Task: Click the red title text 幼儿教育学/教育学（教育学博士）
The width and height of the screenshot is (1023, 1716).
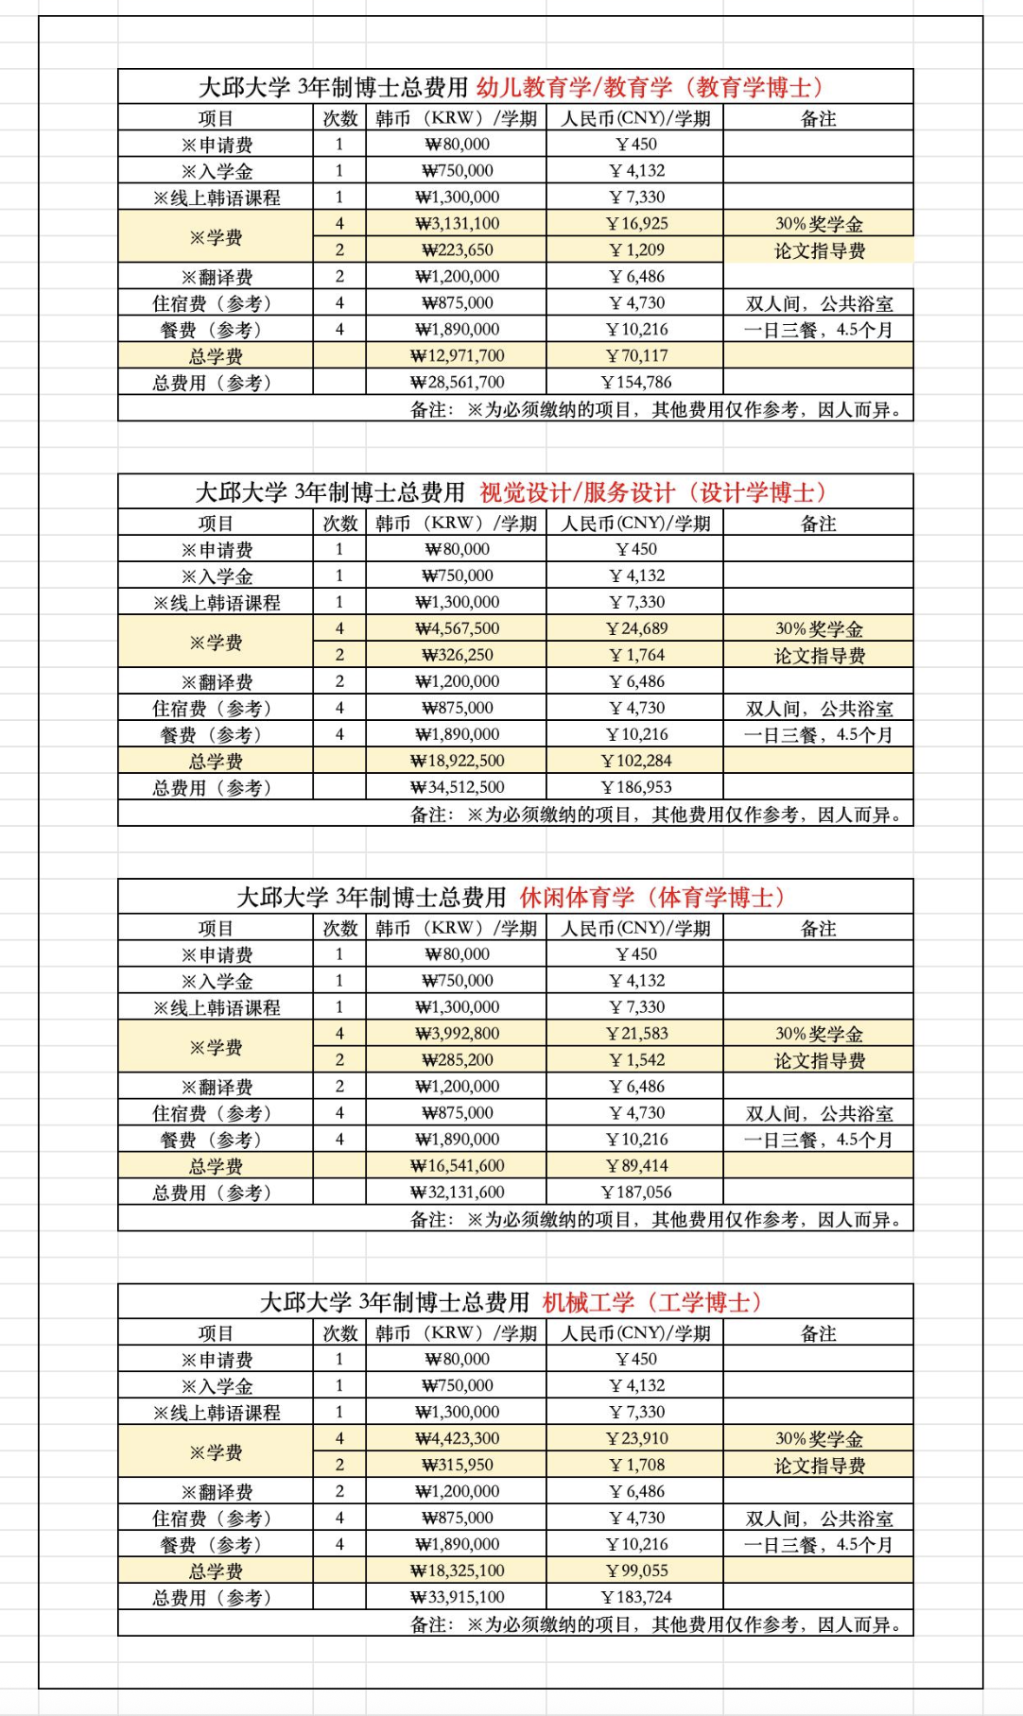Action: tap(650, 88)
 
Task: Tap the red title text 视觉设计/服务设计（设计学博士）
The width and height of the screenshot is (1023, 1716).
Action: tap(652, 492)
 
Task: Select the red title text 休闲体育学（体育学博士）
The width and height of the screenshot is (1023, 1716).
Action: tap(651, 897)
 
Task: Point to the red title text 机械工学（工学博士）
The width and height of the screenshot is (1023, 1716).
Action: tap(651, 1302)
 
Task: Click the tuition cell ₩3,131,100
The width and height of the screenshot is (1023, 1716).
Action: tap(457, 224)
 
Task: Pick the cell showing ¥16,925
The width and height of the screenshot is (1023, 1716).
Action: tap(635, 224)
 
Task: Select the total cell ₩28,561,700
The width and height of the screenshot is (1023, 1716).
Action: tap(457, 383)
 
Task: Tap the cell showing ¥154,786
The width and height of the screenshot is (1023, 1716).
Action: tap(635, 383)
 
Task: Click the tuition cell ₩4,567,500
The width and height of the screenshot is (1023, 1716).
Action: tap(457, 628)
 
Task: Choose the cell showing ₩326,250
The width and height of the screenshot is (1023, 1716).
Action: tap(457, 655)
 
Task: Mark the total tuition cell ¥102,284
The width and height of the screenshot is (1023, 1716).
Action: tap(635, 761)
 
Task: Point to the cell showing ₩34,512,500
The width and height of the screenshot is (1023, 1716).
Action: tap(457, 787)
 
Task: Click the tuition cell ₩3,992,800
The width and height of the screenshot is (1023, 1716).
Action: tap(457, 1034)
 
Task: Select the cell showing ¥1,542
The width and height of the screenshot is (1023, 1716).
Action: tap(635, 1060)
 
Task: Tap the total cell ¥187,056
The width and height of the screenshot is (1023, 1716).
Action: tap(635, 1193)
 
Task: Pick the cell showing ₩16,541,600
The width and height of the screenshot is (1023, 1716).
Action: tap(457, 1166)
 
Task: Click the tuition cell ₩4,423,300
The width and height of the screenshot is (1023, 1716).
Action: tap(457, 1438)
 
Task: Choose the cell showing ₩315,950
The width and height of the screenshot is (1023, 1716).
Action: tap(457, 1465)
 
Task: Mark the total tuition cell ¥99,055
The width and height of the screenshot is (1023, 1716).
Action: tap(635, 1570)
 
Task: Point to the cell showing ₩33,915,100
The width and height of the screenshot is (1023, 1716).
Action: tap(457, 1597)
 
